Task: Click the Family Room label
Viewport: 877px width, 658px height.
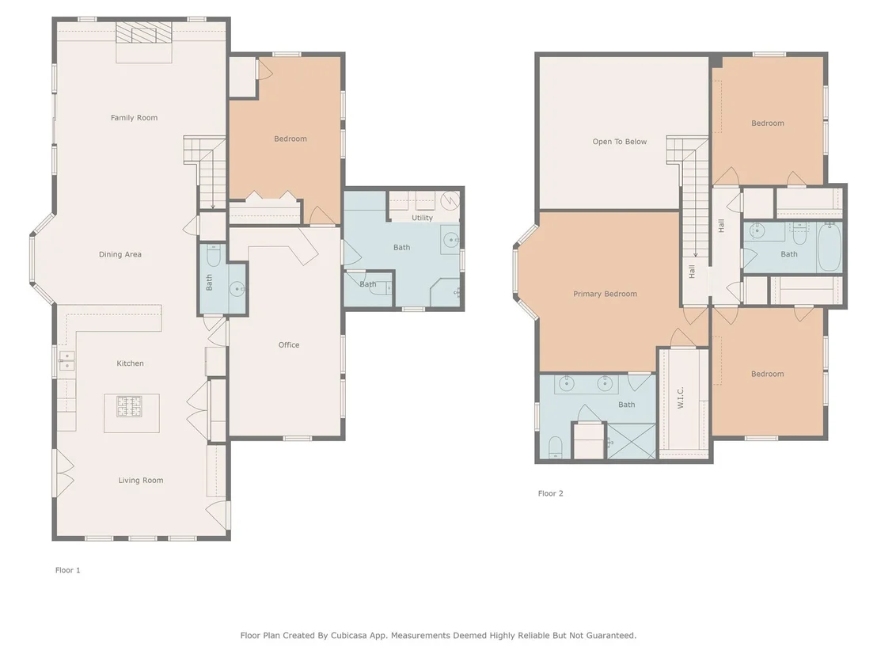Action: (135, 117)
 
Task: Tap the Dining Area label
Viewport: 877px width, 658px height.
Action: (120, 254)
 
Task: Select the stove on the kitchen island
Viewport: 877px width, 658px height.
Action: (129, 407)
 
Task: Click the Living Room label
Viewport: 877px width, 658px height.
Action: (141, 480)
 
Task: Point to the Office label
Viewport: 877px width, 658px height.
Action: (289, 344)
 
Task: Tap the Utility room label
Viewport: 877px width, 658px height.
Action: (423, 218)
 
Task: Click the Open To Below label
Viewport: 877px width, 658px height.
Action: (620, 142)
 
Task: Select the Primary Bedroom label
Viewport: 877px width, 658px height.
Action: (606, 294)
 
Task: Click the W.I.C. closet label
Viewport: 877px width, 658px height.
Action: (681, 397)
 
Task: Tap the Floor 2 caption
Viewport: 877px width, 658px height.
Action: (551, 493)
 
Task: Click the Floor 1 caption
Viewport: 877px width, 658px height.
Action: (68, 570)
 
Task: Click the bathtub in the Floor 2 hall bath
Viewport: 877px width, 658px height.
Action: (830, 247)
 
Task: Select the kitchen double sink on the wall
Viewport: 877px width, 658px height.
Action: (66, 361)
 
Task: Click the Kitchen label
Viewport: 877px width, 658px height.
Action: (131, 363)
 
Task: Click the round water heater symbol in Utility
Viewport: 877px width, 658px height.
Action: (450, 200)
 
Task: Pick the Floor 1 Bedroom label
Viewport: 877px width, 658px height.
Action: (290, 139)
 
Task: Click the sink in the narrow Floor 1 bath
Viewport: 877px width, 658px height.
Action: (237, 289)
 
